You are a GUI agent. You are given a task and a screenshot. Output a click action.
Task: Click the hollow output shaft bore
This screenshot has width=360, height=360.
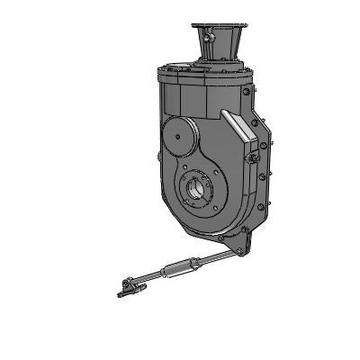197,192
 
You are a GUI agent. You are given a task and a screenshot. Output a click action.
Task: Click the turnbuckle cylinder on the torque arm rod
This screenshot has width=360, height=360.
178,267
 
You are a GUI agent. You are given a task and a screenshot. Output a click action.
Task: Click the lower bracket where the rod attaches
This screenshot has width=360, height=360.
241,244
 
